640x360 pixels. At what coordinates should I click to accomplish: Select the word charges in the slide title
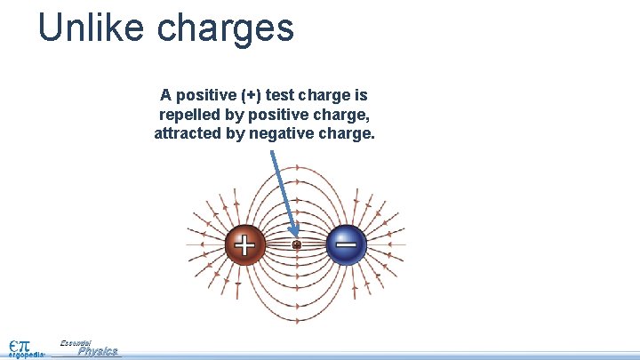point(226,29)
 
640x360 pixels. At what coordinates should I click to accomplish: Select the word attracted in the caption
point(188,134)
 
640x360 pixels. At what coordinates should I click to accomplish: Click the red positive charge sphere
point(244,244)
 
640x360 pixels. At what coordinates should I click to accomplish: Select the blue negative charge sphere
point(347,244)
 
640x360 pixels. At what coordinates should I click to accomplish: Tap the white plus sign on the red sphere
point(244,244)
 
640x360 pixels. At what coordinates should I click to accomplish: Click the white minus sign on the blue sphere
point(347,243)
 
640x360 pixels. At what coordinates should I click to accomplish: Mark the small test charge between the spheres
point(297,244)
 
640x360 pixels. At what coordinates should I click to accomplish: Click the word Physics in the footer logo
point(98,351)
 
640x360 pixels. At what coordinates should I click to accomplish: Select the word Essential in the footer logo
point(76,342)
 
